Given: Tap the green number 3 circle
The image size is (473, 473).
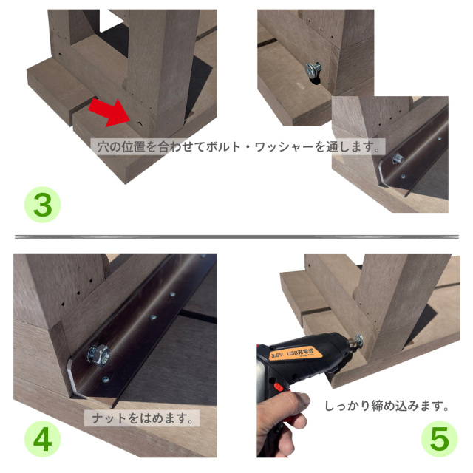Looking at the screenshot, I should pyautogui.click(x=43, y=205).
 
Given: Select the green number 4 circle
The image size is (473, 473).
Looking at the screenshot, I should pyautogui.click(x=43, y=439).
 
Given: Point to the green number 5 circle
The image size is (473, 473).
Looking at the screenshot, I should pyautogui.click(x=439, y=439).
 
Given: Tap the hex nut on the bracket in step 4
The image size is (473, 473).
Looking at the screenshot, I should pyautogui.click(x=96, y=354).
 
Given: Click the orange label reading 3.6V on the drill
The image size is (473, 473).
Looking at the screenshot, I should pyautogui.click(x=278, y=355).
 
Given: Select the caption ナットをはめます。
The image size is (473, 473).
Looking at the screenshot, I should pyautogui.click(x=141, y=418).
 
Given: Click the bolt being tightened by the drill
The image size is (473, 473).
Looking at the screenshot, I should pyautogui.click(x=356, y=341).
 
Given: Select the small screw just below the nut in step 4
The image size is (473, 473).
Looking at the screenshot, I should pyautogui.click(x=105, y=381).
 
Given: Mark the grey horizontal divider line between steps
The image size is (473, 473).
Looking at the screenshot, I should pyautogui.click(x=236, y=237).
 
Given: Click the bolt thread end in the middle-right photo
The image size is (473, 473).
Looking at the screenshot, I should pyautogui.click(x=396, y=157).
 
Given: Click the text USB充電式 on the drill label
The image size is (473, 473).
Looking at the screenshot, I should pyautogui.click(x=304, y=350).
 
